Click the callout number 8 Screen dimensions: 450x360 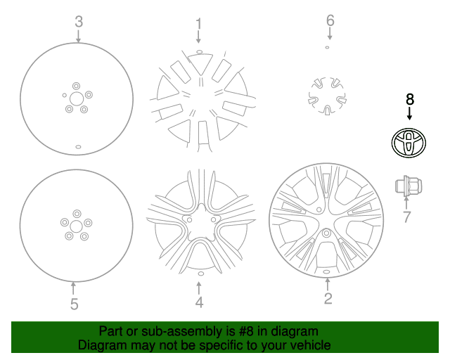coord(409,99)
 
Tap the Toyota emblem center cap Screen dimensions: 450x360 coord(409,143)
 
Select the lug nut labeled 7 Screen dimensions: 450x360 coord(409,186)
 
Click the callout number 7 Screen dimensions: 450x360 coord(406,217)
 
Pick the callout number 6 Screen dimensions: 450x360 coord(330,20)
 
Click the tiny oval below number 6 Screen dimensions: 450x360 coord(327,47)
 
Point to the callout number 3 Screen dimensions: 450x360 coord(79,22)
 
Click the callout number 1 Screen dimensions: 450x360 coord(198,23)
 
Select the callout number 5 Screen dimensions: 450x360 coord(75,304)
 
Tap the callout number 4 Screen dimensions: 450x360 coord(199,302)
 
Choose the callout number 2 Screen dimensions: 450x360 coord(328,298)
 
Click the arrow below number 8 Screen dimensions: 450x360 coord(409,113)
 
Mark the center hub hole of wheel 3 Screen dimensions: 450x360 coord(77,99)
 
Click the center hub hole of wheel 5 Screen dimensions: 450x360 coord(77,226)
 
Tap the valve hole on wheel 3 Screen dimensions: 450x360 coord(78,147)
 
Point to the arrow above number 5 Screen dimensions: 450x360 coord(73,288)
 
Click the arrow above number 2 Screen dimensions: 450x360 coord(328,285)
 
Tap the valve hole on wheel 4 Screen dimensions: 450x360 coord(201,274)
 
